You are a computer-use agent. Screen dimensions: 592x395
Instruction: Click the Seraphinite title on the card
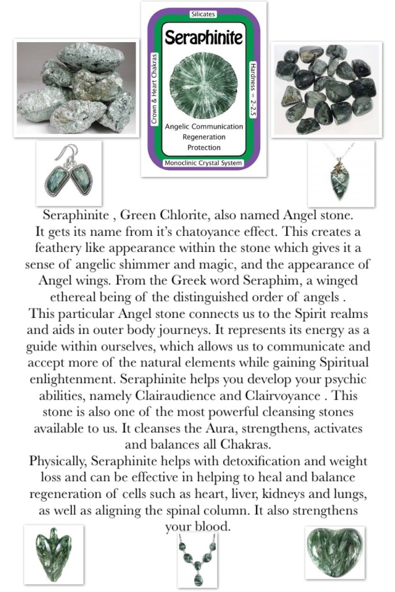point(204,38)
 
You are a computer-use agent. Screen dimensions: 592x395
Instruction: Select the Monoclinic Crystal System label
point(204,164)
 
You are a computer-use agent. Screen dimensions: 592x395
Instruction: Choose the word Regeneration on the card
point(204,137)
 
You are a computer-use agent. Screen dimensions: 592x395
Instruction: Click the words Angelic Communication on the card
point(204,126)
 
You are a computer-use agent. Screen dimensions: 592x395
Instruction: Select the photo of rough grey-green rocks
point(77,88)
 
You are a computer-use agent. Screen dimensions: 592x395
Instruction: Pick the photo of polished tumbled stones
point(326,89)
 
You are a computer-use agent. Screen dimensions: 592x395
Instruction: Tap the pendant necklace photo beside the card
point(341,174)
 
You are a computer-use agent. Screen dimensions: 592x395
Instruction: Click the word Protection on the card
point(204,148)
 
